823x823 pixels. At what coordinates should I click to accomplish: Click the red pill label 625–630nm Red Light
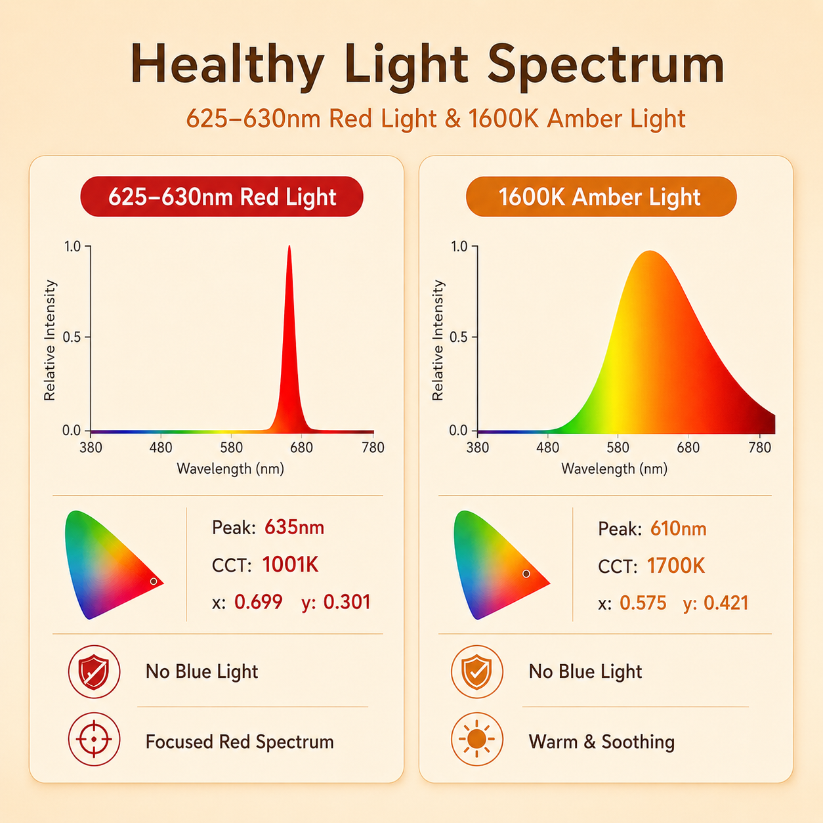[x=222, y=196]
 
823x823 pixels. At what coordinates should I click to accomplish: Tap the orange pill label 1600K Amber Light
[x=601, y=196]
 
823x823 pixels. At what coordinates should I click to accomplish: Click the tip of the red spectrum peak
[x=289, y=246]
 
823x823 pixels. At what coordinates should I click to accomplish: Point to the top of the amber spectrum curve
[x=650, y=251]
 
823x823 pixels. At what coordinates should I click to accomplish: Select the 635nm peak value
[x=294, y=528]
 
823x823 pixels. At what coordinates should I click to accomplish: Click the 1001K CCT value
[x=291, y=564]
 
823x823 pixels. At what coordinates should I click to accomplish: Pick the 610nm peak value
[x=678, y=529]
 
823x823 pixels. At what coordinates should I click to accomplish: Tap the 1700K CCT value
[x=676, y=566]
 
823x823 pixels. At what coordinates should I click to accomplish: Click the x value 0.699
[x=259, y=602]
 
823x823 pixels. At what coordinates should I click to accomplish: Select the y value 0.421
[x=726, y=603]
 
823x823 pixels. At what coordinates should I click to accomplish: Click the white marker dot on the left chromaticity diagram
[x=154, y=581]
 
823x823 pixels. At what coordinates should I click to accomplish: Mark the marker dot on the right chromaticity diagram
[x=526, y=574]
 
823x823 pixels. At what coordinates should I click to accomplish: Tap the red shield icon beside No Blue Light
[x=94, y=672]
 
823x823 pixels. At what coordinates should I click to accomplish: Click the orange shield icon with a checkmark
[x=477, y=672]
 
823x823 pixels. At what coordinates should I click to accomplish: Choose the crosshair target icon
[x=94, y=739]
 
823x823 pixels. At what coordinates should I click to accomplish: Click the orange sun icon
[x=477, y=739]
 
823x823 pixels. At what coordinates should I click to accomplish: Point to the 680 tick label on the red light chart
[x=301, y=448]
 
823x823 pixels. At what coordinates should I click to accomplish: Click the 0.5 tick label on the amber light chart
[x=458, y=337]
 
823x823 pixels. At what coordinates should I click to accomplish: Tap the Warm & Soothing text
[x=602, y=742]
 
